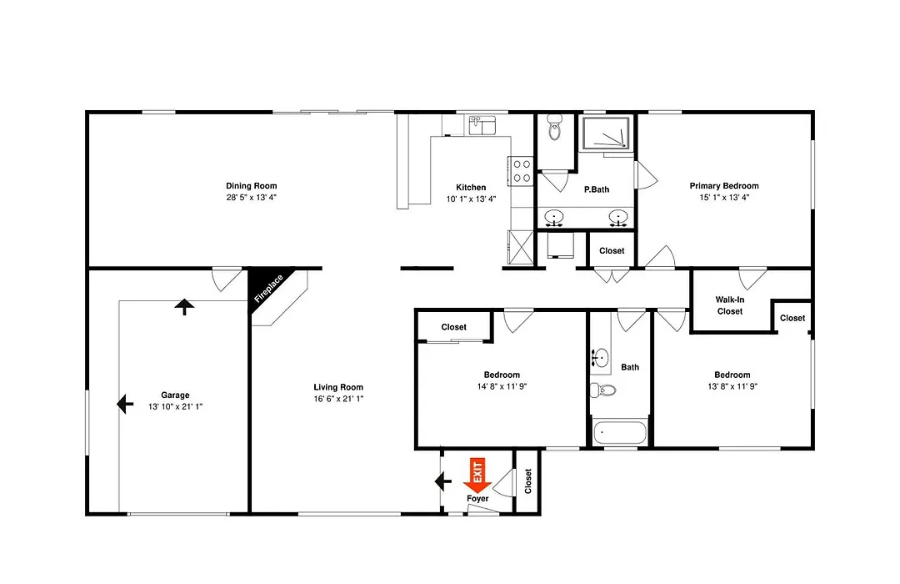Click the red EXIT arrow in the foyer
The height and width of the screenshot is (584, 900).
pos(477,476)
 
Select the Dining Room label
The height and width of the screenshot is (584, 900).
pos(252,186)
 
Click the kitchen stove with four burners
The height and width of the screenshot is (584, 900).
pos(522,171)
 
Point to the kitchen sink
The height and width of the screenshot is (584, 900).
pos(482,125)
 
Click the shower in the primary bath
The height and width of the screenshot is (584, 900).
pos(607,133)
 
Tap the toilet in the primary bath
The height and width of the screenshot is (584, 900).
pos(554,127)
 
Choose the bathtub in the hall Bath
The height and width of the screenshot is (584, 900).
pos(620,432)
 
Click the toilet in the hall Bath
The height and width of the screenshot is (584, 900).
pos(602,390)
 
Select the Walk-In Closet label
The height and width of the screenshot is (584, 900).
pos(730,305)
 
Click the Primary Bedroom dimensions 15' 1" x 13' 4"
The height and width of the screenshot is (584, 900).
pos(724,197)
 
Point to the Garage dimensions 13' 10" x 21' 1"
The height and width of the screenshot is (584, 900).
pos(176,406)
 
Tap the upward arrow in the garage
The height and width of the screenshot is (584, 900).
pos(184,307)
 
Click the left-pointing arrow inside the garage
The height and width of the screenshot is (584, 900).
pos(125,404)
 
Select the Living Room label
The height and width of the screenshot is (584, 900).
pos(338,387)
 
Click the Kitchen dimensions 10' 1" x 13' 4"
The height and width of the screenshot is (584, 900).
pos(471,199)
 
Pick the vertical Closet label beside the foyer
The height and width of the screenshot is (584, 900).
pos(528,481)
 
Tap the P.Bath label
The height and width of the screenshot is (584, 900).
pos(597,189)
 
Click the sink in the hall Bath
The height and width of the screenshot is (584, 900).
pos(600,358)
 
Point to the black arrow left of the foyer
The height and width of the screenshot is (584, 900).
pos(443,481)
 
